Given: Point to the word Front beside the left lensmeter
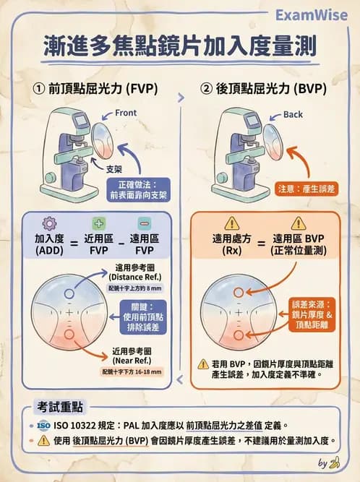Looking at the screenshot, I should tap(125, 113).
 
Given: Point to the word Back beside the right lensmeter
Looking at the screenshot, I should tap(293, 114).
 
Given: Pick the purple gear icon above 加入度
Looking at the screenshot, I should tap(48, 223).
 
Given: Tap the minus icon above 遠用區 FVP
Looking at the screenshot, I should tap(144, 223).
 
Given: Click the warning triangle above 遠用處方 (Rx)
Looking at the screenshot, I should tap(231, 223).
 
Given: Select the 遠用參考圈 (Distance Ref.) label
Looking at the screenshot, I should tap(137, 277).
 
